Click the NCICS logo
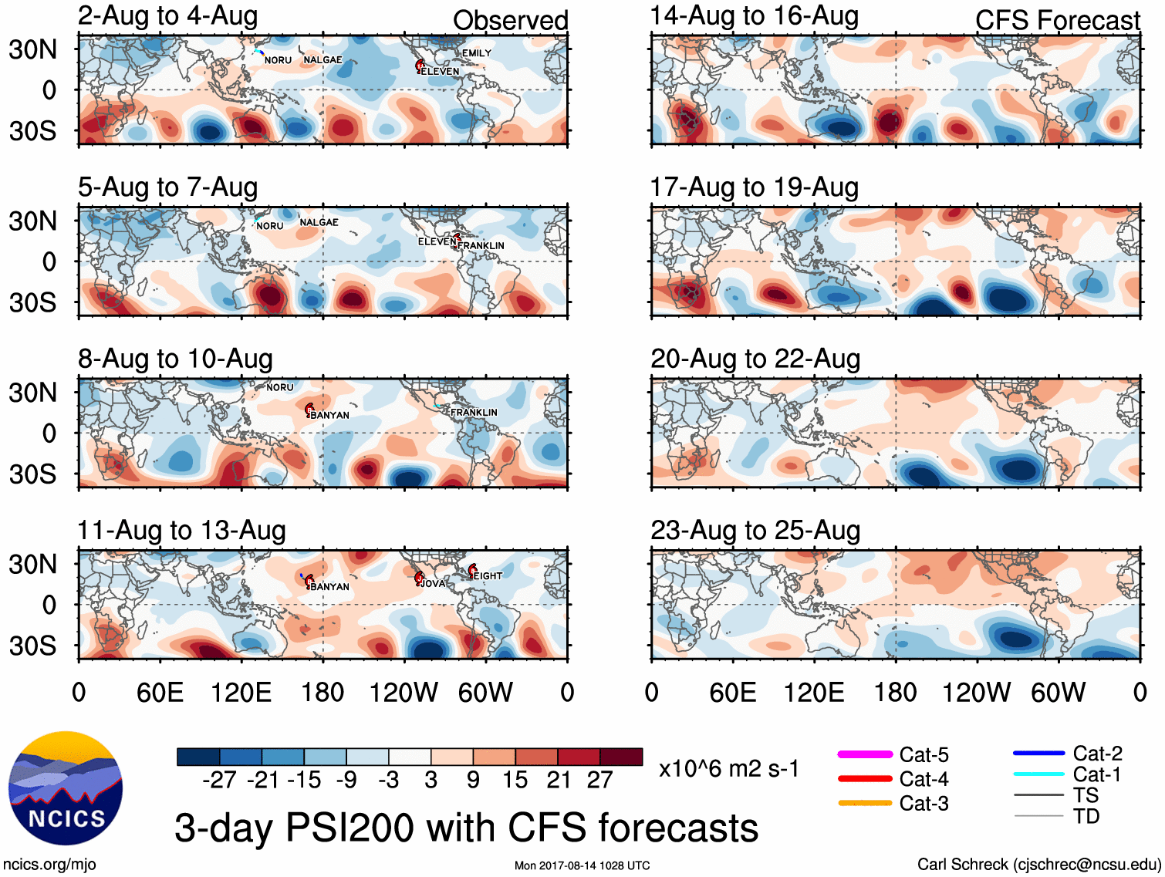[x=66, y=788]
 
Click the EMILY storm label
[x=476, y=53]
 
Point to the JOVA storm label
[x=433, y=584]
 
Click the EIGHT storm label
[x=488, y=576]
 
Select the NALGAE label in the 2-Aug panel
[x=322, y=60]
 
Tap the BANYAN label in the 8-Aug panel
[x=329, y=415]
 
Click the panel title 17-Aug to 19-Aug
[x=754, y=187]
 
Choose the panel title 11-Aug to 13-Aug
[x=181, y=531]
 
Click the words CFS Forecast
[x=1057, y=21]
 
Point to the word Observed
[x=510, y=21]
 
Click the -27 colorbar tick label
[x=219, y=780]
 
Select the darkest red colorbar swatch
[x=621, y=757]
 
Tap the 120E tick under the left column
[x=241, y=692]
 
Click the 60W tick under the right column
[x=1058, y=692]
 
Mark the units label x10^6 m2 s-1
[x=728, y=768]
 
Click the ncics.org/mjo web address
[x=49, y=865]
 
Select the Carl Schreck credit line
[x=1038, y=865]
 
